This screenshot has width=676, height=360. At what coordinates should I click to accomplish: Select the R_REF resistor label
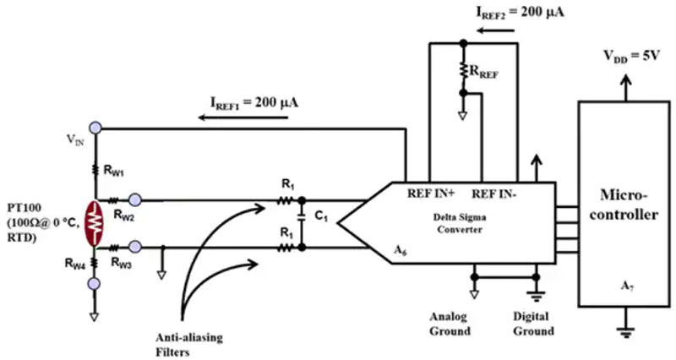pos(487,74)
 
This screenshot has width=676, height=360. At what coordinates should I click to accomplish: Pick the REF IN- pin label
pos(493,190)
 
